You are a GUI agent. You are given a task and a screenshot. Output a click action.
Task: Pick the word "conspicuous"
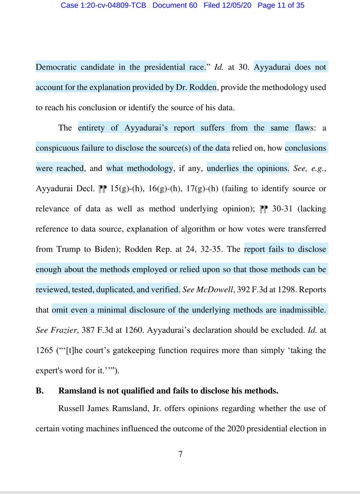[60, 148]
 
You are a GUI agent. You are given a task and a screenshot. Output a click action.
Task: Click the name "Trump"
[64, 249]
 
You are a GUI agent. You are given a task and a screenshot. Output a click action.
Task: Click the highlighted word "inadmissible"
[300, 310]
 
